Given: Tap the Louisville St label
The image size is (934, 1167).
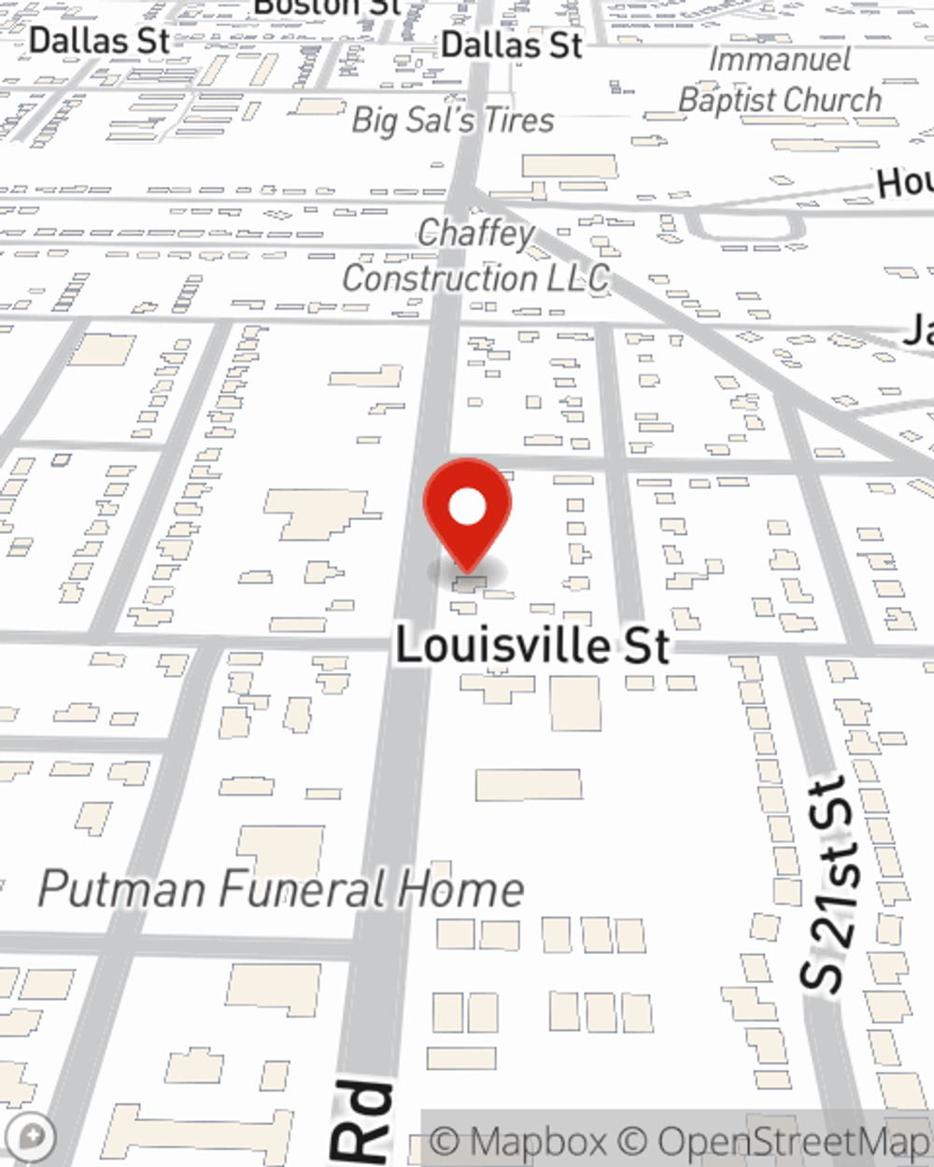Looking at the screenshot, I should point(532,646).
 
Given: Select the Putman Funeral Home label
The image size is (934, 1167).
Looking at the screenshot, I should point(280,889).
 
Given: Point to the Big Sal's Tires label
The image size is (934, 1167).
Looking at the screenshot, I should point(453,120).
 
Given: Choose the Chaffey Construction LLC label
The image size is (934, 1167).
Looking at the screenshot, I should point(476,256).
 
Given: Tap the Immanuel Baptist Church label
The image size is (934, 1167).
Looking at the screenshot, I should point(780,80).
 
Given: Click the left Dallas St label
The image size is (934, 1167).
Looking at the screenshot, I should point(100,41).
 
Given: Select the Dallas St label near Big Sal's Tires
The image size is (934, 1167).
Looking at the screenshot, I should point(512,44).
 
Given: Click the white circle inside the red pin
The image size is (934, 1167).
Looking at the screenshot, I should point(468,507).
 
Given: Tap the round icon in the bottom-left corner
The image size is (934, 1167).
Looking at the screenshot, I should point(35,1137).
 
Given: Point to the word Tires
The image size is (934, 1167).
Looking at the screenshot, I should point(518,120).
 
